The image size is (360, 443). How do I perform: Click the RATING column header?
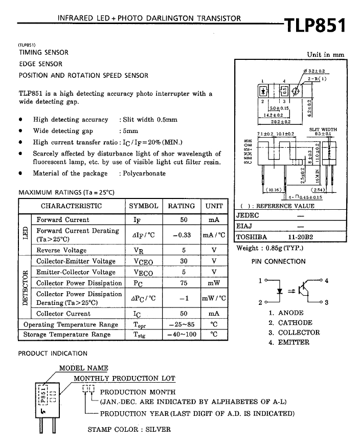click(x=182, y=206)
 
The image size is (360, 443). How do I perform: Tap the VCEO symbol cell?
click(x=144, y=261)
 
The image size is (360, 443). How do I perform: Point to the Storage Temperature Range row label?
click(x=67, y=335)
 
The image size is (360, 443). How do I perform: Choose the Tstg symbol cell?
click(x=143, y=335)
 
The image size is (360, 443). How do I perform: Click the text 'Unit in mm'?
click(x=325, y=55)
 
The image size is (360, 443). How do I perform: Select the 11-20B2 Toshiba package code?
click(x=300, y=237)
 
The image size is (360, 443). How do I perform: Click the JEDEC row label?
click(x=247, y=216)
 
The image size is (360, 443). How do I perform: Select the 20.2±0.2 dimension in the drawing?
click(x=280, y=122)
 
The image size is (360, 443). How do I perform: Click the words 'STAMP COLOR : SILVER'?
click(x=129, y=430)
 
